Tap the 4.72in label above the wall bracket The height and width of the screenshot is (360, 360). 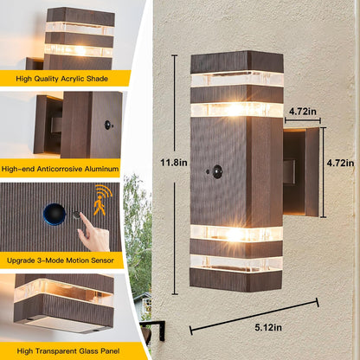pos(303,111)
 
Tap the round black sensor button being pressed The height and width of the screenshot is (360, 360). pos(55,211)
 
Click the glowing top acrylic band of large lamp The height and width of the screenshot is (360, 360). pos(236,80)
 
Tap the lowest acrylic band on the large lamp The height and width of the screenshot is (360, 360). pos(236,262)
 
